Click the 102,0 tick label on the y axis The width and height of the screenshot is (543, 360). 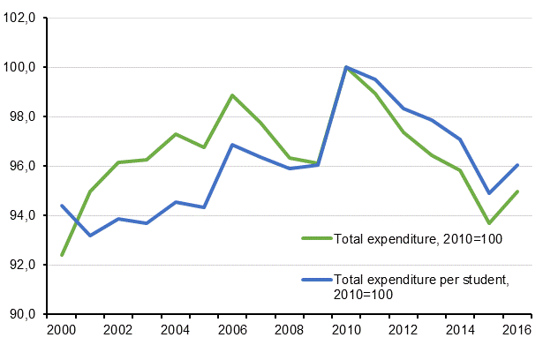[20, 18]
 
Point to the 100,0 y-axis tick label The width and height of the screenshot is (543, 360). [20, 67]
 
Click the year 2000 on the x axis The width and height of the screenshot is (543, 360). [62, 331]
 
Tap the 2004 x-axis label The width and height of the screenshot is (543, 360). [176, 331]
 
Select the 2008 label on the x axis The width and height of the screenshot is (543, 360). [289, 331]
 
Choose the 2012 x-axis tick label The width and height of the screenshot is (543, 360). [403, 331]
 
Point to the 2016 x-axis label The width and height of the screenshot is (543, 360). [516, 331]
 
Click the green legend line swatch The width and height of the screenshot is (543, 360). [316, 237]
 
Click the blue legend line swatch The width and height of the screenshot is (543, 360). [316, 280]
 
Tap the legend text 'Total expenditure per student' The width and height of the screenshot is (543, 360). [420, 280]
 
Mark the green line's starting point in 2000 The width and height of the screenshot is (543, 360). [62, 255]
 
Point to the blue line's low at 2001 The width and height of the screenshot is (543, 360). [90, 236]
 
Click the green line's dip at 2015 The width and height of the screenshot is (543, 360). [487, 223]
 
